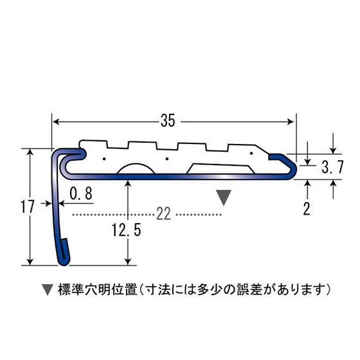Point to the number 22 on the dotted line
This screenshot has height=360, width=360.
coord(163,214)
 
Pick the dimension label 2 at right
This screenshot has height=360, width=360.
coord(307,208)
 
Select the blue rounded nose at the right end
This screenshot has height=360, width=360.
coord(291,166)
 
